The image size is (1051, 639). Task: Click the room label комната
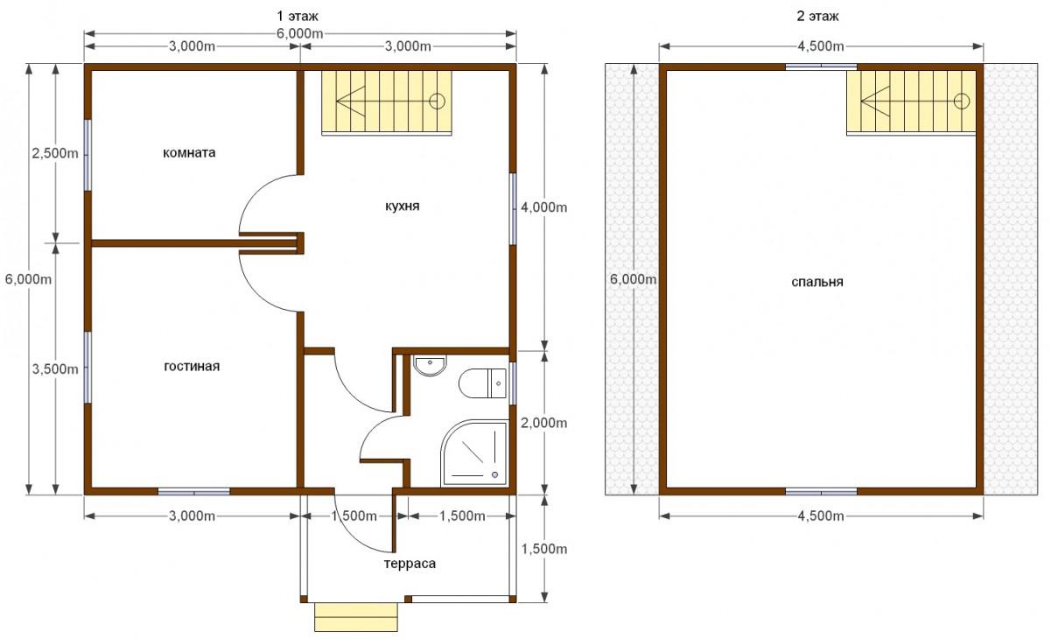[189, 153]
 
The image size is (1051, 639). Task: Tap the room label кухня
[402, 207]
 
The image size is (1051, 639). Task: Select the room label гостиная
[192, 366]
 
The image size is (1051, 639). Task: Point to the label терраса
[410, 564]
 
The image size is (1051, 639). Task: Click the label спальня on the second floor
[816, 282]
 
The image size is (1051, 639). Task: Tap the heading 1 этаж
[298, 17]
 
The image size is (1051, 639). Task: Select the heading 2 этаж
[817, 17]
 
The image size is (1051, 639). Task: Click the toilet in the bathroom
[482, 383]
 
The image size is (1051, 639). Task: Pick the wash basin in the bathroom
[430, 365]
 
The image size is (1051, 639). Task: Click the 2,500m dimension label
[55, 153]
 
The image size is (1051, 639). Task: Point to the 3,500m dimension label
[55, 369]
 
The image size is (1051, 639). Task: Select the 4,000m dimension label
[543, 207]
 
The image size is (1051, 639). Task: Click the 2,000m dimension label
[543, 423]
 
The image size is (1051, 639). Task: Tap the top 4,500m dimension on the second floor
[821, 46]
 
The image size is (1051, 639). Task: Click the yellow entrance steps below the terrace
[356, 617]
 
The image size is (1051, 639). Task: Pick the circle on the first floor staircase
[437, 101]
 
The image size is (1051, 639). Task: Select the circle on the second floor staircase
[962, 101]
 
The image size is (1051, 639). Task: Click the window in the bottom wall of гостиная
[193, 491]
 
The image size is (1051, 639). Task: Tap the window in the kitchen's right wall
[513, 209]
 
